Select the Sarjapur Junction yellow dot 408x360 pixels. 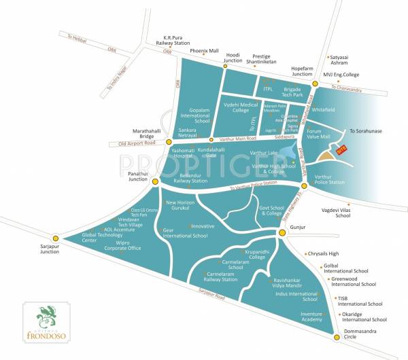coord(56,238)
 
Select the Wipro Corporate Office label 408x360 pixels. coord(122,245)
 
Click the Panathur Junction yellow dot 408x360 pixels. coord(156,181)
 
